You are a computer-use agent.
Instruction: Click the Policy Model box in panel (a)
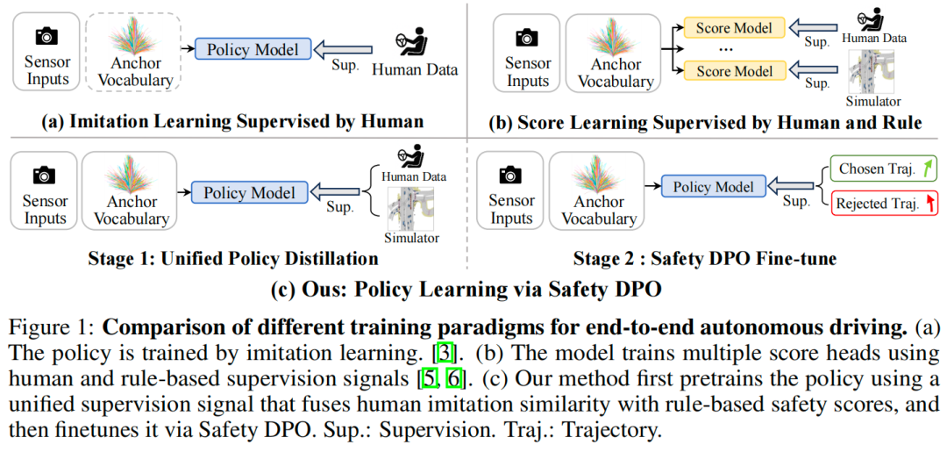click(x=253, y=50)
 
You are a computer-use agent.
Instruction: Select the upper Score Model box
click(x=735, y=28)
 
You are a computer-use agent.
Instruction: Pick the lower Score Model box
click(x=735, y=70)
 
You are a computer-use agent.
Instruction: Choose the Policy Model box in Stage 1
click(x=250, y=192)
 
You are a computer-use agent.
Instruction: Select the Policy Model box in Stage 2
click(x=712, y=186)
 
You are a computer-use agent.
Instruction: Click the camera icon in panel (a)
click(x=46, y=36)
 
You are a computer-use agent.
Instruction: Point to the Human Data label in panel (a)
click(x=416, y=70)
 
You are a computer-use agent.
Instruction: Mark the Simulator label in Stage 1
click(x=412, y=238)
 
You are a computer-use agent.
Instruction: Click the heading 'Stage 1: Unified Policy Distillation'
click(x=232, y=259)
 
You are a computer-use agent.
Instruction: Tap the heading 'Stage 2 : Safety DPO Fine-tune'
click(x=705, y=259)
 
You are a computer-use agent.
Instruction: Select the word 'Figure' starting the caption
click(x=35, y=329)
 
